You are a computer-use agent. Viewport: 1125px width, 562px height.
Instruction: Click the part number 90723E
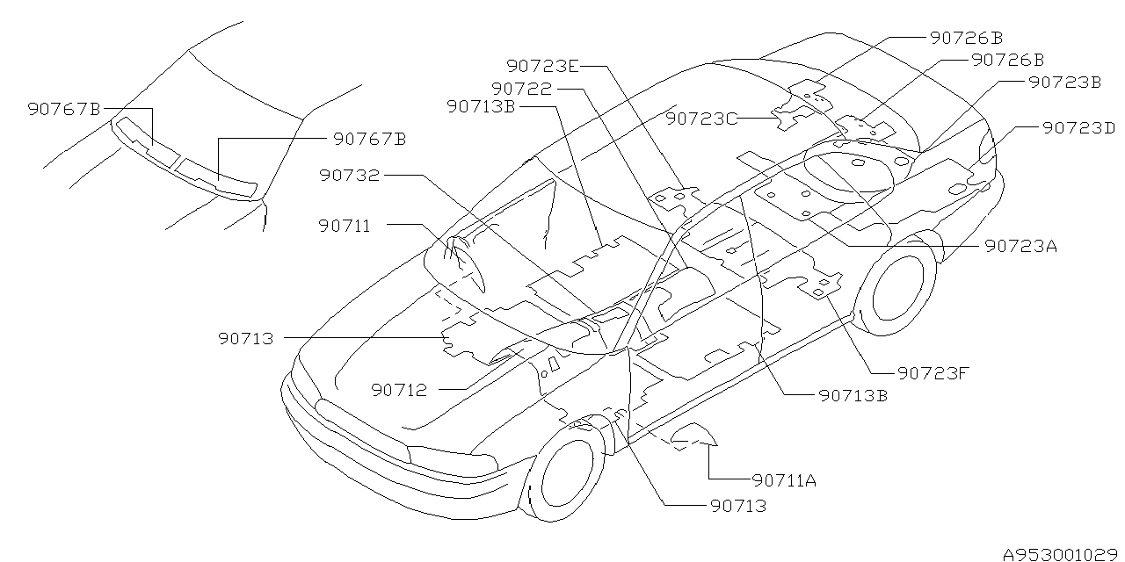[x=542, y=65]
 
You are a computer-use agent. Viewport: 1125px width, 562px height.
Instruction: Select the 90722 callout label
[x=522, y=89]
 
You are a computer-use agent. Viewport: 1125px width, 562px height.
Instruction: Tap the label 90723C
[x=701, y=118]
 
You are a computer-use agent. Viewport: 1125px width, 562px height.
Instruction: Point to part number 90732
[x=350, y=176]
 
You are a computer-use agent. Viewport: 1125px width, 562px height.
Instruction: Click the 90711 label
[x=345, y=226]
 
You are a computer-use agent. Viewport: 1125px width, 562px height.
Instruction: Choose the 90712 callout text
[x=398, y=390]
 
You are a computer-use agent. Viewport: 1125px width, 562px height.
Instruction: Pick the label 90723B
[x=1064, y=82]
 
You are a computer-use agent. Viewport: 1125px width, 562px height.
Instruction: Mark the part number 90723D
[x=1078, y=127]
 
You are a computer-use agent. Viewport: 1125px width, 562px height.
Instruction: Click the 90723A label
[x=1020, y=246]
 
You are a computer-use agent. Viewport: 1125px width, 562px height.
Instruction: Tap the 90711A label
[x=785, y=480]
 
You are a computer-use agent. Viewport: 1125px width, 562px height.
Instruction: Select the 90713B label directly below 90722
[x=481, y=106]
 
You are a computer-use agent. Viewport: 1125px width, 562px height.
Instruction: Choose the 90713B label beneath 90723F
[x=853, y=395]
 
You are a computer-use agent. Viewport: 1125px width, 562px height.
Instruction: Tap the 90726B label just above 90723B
[x=1007, y=60]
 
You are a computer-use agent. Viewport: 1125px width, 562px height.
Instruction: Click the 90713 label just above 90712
[x=247, y=337]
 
